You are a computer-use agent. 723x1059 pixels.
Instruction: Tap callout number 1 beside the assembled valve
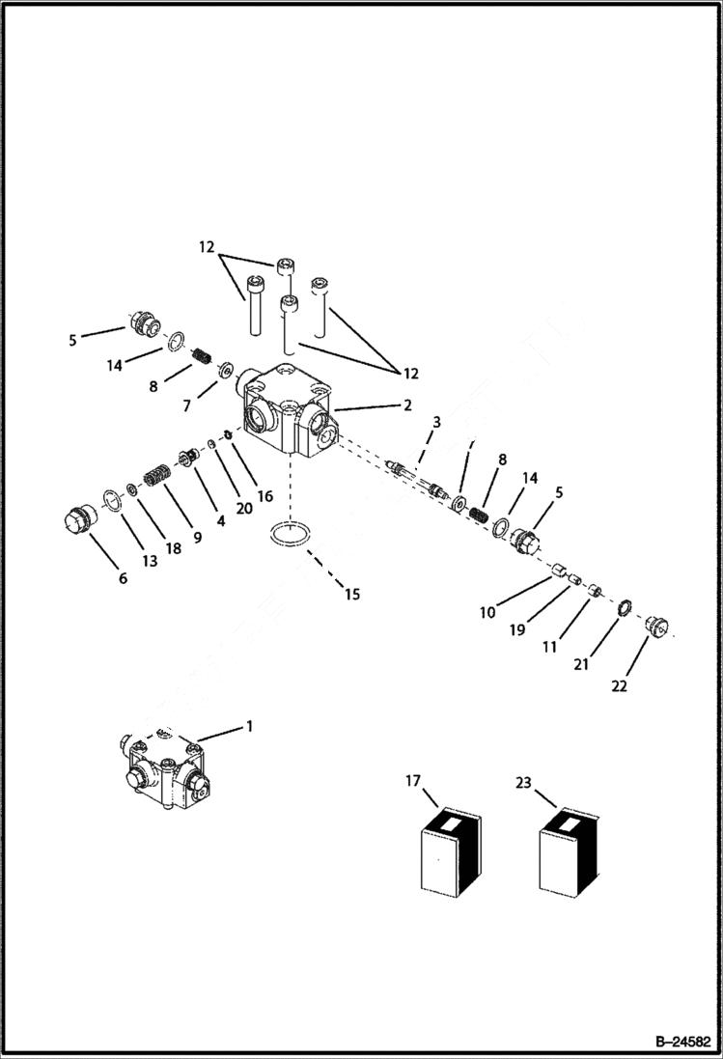pyautogui.click(x=249, y=726)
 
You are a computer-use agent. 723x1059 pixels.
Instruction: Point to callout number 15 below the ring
pyautogui.click(x=352, y=595)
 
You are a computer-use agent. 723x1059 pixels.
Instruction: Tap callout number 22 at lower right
pyautogui.click(x=619, y=686)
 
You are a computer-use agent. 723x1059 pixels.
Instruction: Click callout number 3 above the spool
pyautogui.click(x=436, y=422)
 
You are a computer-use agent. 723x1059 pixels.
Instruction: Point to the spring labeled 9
pyautogui.click(x=156, y=477)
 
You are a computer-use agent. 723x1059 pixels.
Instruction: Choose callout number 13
pyautogui.click(x=150, y=560)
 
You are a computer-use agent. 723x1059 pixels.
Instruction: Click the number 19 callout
pyautogui.click(x=517, y=629)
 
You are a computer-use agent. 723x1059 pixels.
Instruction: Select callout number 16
pyautogui.click(x=265, y=496)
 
